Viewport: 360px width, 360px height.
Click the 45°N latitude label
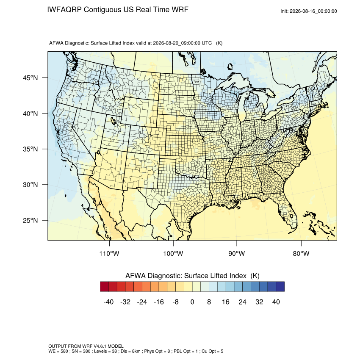(x=30, y=78)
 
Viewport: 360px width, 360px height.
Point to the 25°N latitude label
(x=30, y=220)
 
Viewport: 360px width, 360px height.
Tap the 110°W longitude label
(x=109, y=253)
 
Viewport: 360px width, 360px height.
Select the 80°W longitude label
(x=301, y=253)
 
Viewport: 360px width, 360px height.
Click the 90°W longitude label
(x=236, y=253)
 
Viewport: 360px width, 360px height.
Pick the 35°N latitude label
(x=30, y=149)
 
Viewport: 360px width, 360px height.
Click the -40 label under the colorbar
(x=108, y=302)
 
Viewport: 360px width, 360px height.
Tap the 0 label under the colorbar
(x=192, y=302)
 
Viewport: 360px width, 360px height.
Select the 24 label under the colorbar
(x=242, y=302)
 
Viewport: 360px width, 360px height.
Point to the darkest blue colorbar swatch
(x=280, y=287)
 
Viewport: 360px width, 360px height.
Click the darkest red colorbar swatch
(x=105, y=287)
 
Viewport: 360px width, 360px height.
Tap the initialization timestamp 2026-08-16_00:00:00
(x=313, y=11)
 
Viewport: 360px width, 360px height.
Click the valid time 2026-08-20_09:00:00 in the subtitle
(x=177, y=43)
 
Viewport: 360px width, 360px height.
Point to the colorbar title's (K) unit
(x=255, y=276)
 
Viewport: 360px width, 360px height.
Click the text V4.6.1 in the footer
(x=100, y=346)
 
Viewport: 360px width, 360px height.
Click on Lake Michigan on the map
(x=242, y=108)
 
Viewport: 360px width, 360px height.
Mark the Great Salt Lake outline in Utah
(x=113, y=121)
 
